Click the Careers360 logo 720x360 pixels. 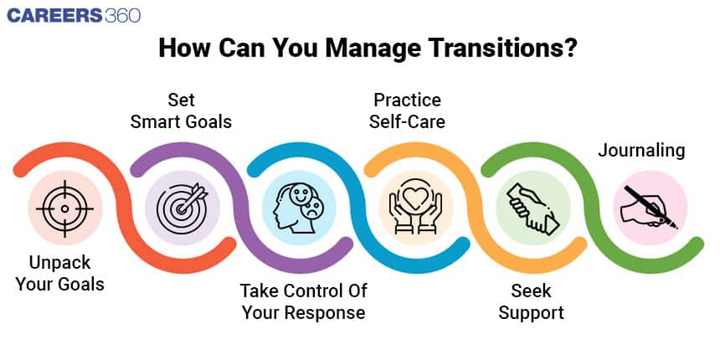coord(74,16)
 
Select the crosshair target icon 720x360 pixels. coord(64,208)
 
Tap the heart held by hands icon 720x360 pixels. coord(415,208)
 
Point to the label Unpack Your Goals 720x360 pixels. coord(59,274)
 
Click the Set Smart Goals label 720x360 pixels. coord(181,111)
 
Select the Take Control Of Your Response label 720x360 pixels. coord(304,301)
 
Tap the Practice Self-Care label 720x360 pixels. coord(407,111)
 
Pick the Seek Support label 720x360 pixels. coord(532,301)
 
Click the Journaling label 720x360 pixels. coord(641,151)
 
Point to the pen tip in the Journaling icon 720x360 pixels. coord(676,227)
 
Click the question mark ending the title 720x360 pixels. coord(569,49)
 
